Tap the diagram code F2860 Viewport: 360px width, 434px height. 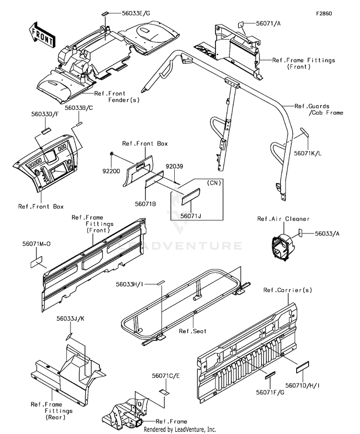(324, 13)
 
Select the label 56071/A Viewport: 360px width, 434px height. (268, 23)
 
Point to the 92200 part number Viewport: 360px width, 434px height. (111, 171)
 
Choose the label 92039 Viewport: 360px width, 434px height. (174, 166)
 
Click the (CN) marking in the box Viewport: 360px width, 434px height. (214, 183)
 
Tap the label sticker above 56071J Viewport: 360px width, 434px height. (191, 197)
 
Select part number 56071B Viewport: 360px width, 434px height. (145, 204)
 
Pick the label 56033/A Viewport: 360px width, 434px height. (327, 234)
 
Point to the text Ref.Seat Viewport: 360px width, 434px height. (192, 331)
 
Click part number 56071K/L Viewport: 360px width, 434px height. (308, 153)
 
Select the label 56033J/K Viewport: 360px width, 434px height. (71, 318)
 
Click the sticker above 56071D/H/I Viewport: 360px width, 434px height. (302, 367)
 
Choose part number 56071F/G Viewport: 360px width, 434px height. (270, 392)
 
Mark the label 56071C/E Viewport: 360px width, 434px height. (166, 375)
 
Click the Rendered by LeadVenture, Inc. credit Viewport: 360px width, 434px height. (180, 429)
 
